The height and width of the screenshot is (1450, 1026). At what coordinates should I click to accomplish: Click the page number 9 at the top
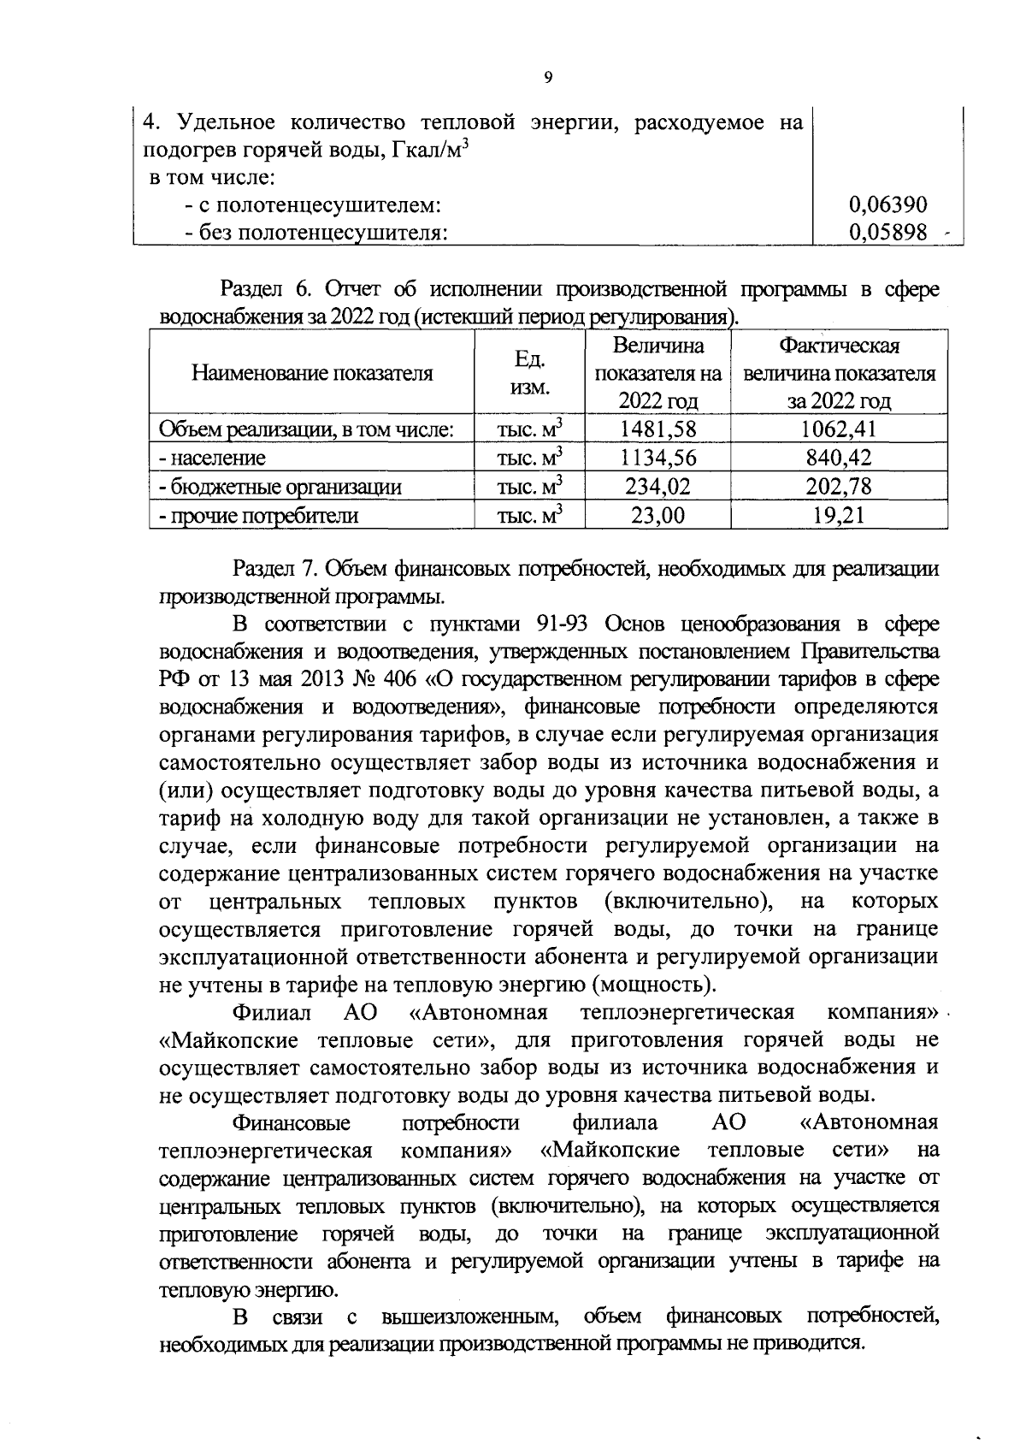point(547,78)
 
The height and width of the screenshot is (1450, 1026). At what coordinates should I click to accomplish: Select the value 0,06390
point(887,204)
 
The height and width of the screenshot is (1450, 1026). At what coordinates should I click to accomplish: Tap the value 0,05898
point(887,232)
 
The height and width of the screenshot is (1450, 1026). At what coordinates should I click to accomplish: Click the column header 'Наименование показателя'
point(312,373)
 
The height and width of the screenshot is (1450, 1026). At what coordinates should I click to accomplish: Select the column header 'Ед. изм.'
point(529,373)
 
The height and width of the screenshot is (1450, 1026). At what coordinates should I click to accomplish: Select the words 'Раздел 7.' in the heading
point(280,568)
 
